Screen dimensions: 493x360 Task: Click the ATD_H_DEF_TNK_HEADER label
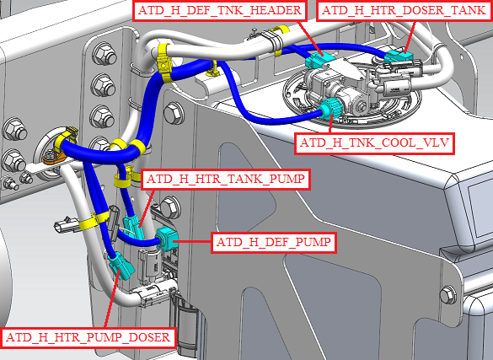[219, 10]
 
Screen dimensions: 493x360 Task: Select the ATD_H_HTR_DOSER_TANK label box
[404, 10]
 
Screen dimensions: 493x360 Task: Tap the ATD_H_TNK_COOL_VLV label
[374, 143]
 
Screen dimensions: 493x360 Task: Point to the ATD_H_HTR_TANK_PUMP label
[226, 180]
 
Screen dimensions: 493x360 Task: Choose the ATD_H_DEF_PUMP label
[274, 243]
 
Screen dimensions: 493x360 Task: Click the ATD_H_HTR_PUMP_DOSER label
[88, 338]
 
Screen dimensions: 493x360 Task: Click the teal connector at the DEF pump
[167, 239]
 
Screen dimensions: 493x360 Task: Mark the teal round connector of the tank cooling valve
[330, 109]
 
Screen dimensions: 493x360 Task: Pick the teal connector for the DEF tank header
[319, 61]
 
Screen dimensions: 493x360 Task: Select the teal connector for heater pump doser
[121, 266]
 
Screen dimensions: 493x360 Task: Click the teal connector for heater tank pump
[134, 227]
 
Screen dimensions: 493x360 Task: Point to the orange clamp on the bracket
[54, 157]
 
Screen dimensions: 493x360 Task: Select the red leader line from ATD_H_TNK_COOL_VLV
[330, 125]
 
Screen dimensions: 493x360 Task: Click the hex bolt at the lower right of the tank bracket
[448, 295]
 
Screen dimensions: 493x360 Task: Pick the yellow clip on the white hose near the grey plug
[94, 220]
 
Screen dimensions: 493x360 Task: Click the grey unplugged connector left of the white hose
[67, 225]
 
